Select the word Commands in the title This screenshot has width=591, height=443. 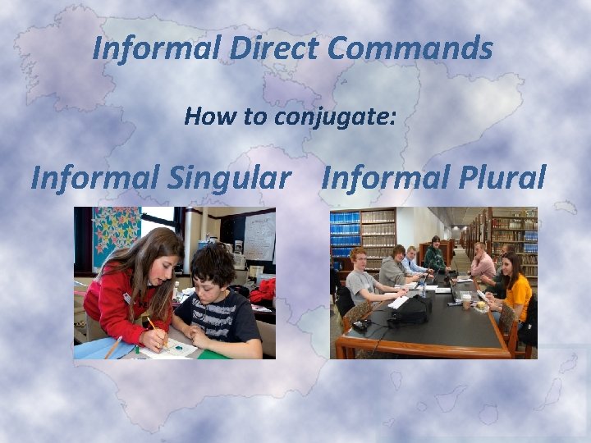410,48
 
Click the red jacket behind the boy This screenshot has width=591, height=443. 263,290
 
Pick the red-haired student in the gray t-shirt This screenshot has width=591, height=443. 361,279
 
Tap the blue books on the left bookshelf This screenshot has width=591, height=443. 345,229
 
